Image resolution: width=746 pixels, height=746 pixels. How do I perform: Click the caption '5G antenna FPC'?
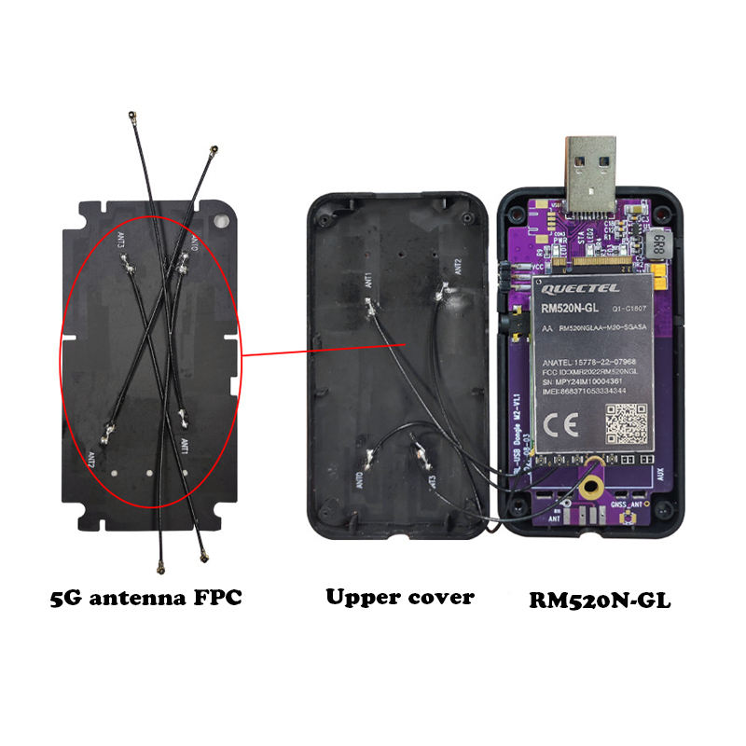click(x=146, y=598)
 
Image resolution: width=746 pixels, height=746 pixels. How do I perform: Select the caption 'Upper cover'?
click(x=399, y=597)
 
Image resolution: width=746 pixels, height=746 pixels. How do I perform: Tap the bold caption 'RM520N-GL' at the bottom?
click(x=600, y=601)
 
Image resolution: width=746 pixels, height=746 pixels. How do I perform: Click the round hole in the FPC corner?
click(x=221, y=222)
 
